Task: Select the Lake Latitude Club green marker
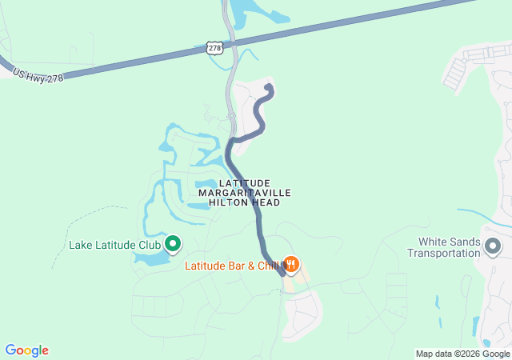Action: coord(172,243)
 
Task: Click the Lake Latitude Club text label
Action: coord(114,245)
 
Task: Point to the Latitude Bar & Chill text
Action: coord(232,266)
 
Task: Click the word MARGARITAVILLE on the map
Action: coord(244,193)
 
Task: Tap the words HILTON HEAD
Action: coord(244,203)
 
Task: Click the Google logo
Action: coord(26,350)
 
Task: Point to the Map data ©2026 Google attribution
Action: coord(462,354)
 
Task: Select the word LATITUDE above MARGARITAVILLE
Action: coord(244,183)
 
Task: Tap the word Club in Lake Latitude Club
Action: coord(148,245)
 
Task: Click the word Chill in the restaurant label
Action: coord(270,266)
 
